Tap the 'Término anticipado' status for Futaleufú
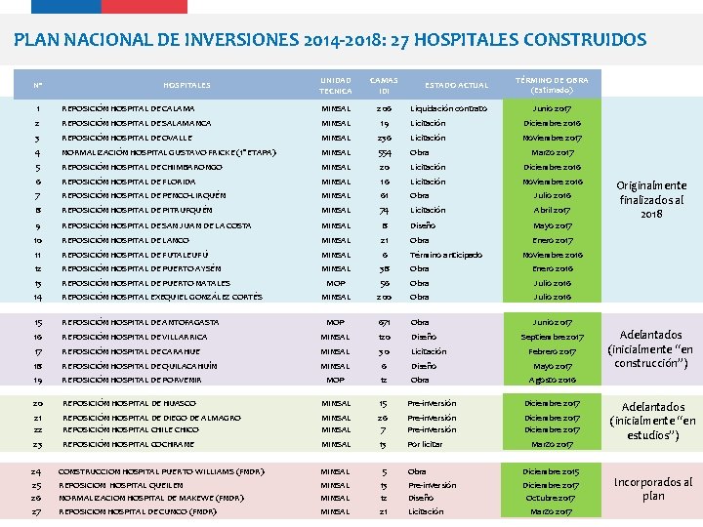(x=445, y=255)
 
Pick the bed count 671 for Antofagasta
(x=385, y=322)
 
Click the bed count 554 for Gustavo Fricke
(x=384, y=152)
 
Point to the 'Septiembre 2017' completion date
(x=553, y=337)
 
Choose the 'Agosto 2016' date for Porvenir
(x=553, y=380)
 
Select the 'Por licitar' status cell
(x=426, y=444)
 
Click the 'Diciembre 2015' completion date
(x=552, y=471)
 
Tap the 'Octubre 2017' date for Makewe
(x=552, y=498)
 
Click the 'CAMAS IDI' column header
(x=384, y=85)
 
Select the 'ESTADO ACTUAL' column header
(x=456, y=85)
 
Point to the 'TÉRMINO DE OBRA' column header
(x=552, y=84)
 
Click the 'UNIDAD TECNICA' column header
(x=336, y=85)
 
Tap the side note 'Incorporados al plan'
(x=652, y=489)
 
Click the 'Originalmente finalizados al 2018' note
(x=652, y=199)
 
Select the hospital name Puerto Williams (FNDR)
(x=161, y=471)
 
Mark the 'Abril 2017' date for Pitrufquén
(x=553, y=210)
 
